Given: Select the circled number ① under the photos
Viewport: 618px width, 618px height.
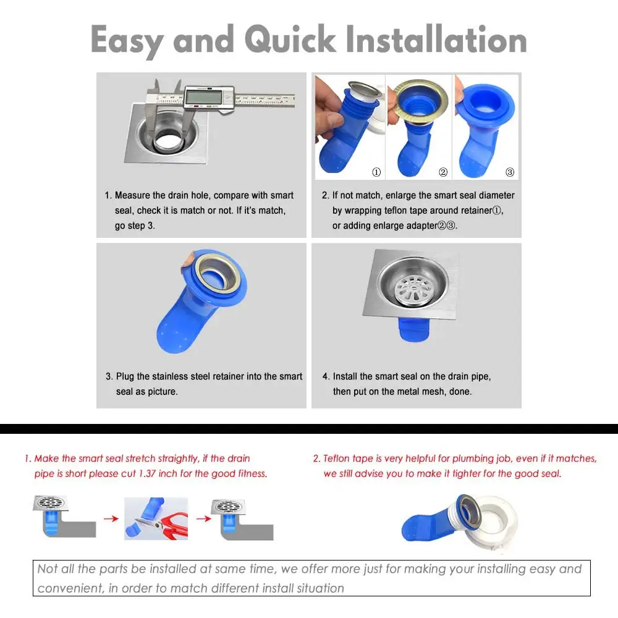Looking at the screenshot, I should click(x=376, y=172).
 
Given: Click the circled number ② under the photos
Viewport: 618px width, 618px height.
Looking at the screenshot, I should click(x=442, y=172).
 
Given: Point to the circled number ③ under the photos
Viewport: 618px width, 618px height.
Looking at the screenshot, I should click(x=509, y=172).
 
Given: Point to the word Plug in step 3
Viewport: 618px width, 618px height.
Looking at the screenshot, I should click(x=125, y=376).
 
